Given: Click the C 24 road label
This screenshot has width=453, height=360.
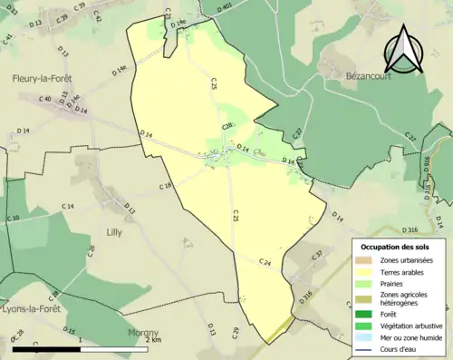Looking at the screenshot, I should [265, 262].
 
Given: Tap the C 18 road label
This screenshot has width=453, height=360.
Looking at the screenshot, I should [166, 186].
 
